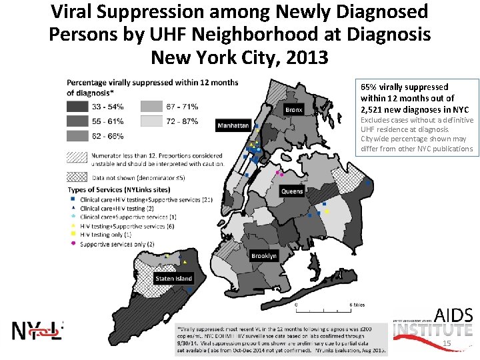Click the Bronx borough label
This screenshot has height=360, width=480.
coord(294,109)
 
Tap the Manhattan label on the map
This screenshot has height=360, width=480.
coord(233,125)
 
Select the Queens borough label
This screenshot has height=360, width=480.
coord(292,191)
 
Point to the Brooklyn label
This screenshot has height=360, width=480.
coord(264,256)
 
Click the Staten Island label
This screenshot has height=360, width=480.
coord(173,279)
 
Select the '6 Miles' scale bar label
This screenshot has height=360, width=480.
coord(357,305)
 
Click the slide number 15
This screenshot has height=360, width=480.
coord(447,343)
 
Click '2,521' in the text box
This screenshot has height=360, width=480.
coord(371,109)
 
